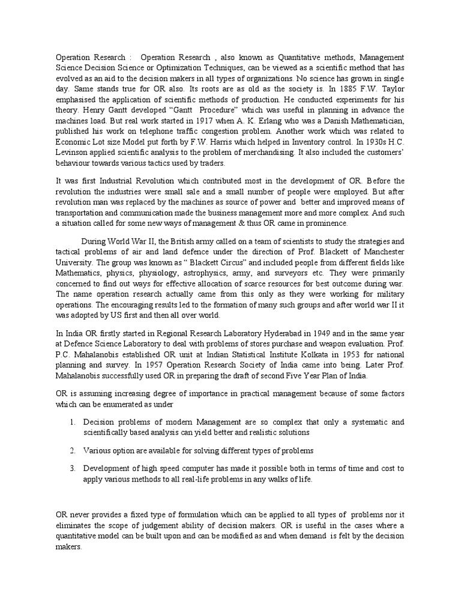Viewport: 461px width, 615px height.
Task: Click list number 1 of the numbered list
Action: pos(72,422)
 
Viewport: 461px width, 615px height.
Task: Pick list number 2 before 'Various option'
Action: pos(72,451)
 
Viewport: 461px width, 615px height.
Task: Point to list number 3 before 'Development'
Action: pos(72,468)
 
